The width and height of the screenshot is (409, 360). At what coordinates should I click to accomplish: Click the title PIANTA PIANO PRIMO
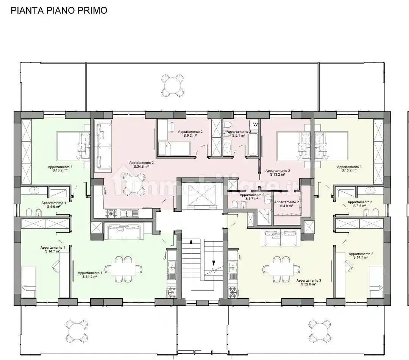59,10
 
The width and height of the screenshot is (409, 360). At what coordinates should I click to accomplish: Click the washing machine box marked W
255,124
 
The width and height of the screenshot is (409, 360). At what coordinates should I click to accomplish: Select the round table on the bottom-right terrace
318,330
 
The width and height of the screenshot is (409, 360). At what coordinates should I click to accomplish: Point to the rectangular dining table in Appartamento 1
123,269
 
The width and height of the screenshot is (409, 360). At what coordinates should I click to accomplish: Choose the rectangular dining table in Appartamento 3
280,269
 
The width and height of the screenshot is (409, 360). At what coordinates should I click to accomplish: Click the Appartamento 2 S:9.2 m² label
190,133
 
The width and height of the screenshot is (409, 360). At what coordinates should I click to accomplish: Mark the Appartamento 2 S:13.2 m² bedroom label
278,173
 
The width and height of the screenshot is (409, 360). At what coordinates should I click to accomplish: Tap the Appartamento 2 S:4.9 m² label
287,204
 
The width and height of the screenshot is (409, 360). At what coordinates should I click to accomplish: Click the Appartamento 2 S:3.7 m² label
249,196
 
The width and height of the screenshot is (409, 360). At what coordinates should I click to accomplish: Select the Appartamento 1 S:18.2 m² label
60,168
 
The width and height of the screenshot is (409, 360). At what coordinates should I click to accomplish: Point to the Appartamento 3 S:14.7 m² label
361,256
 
